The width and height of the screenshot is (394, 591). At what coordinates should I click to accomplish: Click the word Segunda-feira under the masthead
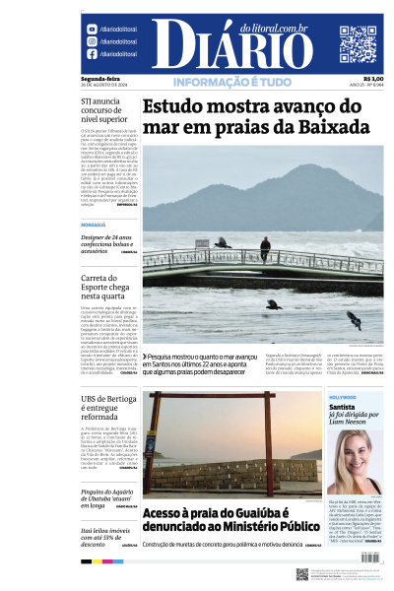(99, 79)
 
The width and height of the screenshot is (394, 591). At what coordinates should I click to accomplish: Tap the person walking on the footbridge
(265, 248)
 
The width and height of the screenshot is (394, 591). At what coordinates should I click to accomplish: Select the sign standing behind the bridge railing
(201, 244)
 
